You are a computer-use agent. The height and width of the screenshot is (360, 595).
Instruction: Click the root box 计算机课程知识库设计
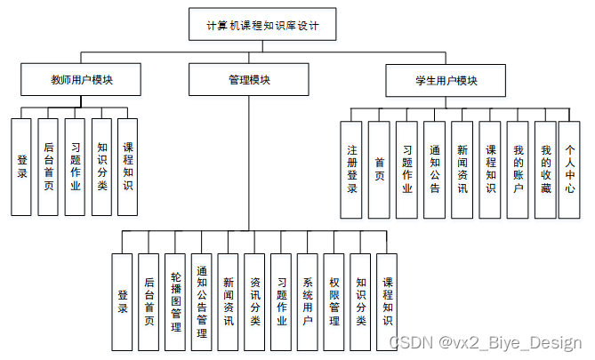(264, 26)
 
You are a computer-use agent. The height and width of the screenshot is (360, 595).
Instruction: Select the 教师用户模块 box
(82, 80)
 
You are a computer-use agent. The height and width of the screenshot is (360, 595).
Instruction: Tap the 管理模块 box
(249, 80)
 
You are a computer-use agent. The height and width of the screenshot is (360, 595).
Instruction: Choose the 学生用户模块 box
(446, 80)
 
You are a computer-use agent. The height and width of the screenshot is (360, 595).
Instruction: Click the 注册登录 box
(352, 169)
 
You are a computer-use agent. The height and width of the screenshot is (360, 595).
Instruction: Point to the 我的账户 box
(518, 169)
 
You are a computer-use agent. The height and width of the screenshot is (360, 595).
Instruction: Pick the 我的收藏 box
(545, 169)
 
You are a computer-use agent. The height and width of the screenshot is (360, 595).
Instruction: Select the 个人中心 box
(570, 169)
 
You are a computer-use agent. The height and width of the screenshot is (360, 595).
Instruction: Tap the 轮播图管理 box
(175, 301)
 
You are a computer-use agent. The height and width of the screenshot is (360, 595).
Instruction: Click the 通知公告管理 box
(202, 301)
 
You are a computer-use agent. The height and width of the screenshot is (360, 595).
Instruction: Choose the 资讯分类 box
(255, 301)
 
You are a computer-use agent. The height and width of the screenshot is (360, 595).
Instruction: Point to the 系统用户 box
(308, 301)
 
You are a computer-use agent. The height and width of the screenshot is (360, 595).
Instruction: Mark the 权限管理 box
(334, 301)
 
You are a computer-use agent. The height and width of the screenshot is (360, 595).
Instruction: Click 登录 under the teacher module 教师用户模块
(22, 166)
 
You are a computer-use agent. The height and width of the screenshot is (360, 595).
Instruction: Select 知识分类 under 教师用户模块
(102, 166)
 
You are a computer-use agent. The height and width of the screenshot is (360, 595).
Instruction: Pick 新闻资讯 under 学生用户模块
(462, 169)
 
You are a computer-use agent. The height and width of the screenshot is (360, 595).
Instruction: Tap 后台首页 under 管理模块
(149, 301)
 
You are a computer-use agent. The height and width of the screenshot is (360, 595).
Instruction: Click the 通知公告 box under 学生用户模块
(434, 169)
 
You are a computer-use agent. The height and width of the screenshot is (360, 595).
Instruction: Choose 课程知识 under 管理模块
(387, 301)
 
